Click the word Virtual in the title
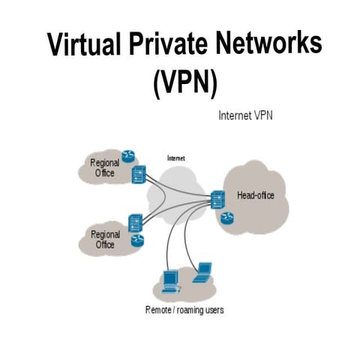click(79, 46)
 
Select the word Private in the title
click(164, 46)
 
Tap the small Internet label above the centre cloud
click(175, 158)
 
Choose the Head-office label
click(256, 196)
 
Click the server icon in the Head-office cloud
click(217, 199)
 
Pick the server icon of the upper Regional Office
click(139, 175)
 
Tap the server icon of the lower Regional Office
click(136, 223)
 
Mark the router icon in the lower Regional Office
click(138, 241)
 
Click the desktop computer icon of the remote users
click(170, 278)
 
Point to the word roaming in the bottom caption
click(191, 309)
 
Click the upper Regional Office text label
click(104, 168)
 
